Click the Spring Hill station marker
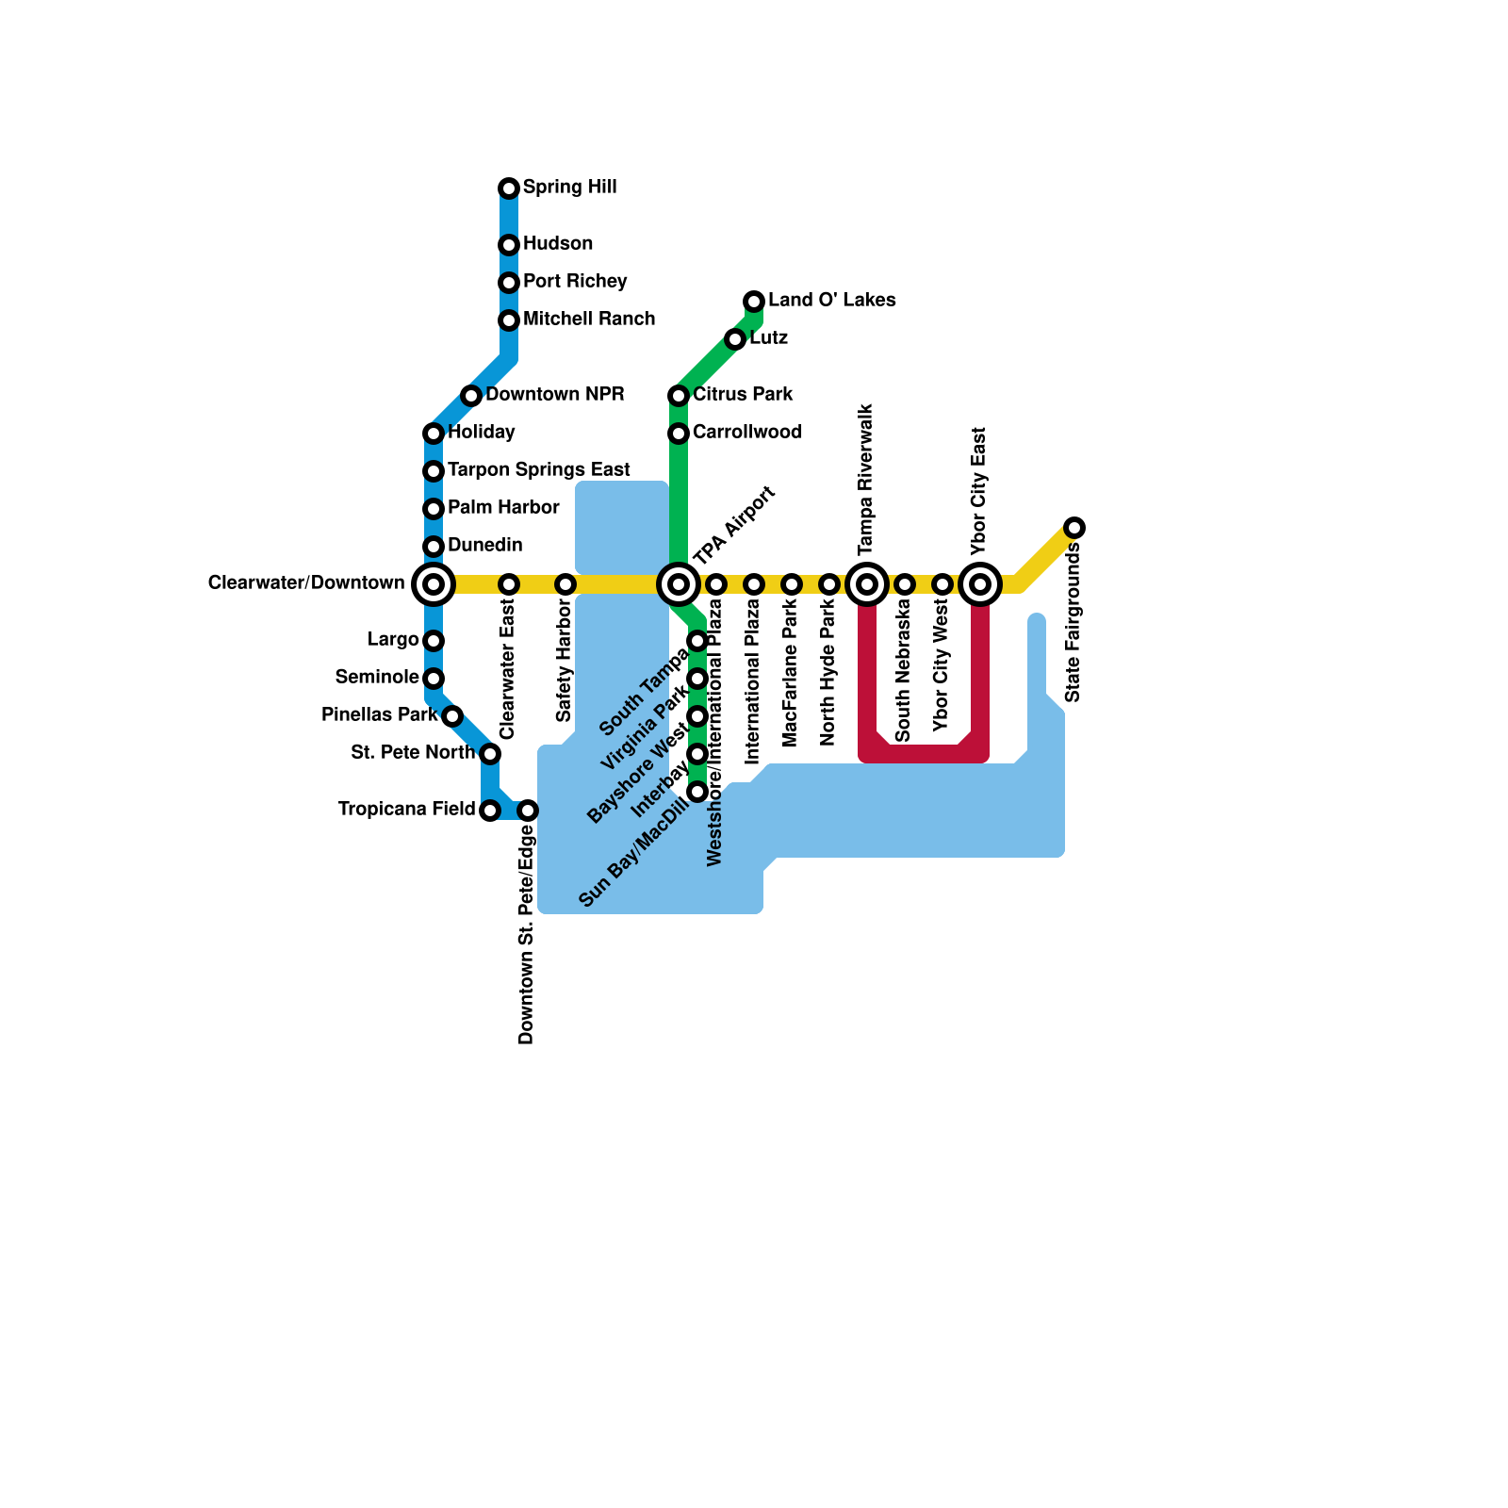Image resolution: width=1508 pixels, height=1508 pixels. point(509,188)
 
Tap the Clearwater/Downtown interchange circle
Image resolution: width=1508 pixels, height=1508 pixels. point(434,584)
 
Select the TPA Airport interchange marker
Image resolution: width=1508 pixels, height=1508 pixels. point(679,584)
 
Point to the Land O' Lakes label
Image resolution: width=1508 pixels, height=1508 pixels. point(831,300)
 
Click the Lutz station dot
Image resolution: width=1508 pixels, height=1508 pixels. point(735,339)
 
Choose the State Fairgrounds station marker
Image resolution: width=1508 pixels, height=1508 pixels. point(1074,528)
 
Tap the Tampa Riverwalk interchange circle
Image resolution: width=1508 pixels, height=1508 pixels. point(867,584)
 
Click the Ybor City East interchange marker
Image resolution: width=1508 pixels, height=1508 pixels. point(980,584)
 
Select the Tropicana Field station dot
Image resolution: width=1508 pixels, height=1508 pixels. point(490,811)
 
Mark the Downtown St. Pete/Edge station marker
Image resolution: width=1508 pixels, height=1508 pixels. point(528,811)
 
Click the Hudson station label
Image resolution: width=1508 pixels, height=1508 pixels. point(558,243)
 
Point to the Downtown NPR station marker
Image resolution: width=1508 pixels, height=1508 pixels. point(471,396)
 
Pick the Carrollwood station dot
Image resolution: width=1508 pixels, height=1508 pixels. point(679,434)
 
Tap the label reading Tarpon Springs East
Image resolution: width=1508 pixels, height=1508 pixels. point(539,469)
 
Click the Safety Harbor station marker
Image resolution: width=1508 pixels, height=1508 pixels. point(565,584)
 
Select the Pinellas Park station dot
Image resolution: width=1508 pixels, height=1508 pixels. point(452,716)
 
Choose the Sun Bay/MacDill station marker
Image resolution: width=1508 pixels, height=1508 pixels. point(697,792)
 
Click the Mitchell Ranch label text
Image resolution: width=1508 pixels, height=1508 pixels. point(589,319)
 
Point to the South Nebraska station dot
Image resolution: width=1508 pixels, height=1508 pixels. point(905,584)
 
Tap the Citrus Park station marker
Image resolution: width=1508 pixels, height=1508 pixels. point(679,396)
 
